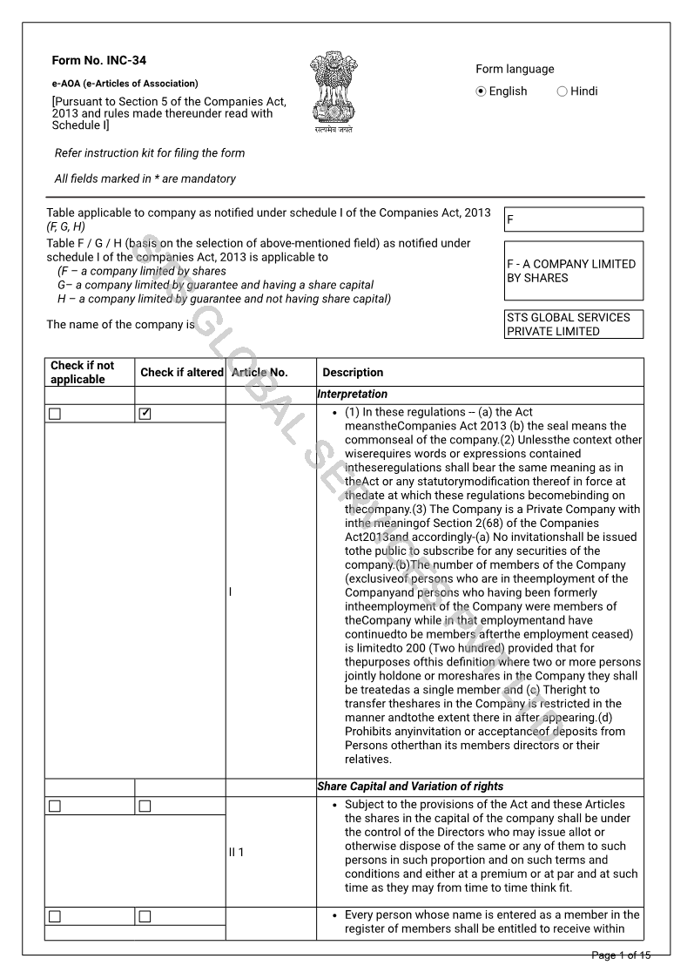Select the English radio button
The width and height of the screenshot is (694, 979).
pyautogui.click(x=482, y=91)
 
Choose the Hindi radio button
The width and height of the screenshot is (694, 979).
pyautogui.click(x=562, y=91)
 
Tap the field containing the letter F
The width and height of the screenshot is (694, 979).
pyautogui.click(x=574, y=219)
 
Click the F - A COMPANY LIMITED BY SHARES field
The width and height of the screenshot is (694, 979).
pyautogui.click(x=574, y=271)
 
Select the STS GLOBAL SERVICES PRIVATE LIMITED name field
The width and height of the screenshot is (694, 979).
pyautogui.click(x=574, y=324)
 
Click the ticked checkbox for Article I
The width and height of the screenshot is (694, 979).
pyautogui.click(x=145, y=414)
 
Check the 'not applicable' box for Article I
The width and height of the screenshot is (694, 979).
pyautogui.click(x=55, y=414)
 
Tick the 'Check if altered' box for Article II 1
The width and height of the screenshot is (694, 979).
pyautogui.click(x=145, y=806)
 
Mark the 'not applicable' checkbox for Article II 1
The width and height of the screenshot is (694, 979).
pyautogui.click(x=55, y=806)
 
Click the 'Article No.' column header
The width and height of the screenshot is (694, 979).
pyautogui.click(x=259, y=373)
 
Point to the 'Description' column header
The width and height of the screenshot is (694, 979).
pyautogui.click(x=353, y=373)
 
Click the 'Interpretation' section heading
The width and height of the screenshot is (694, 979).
pyautogui.click(x=353, y=395)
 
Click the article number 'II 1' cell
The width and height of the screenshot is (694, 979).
pyautogui.click(x=236, y=852)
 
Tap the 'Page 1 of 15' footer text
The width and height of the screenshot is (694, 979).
pyautogui.click(x=621, y=955)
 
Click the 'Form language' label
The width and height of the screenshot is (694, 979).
pyautogui.click(x=515, y=70)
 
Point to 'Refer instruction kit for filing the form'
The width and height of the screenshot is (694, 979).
pyautogui.click(x=150, y=153)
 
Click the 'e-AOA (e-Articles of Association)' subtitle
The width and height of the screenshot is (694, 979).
pyautogui.click(x=125, y=84)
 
